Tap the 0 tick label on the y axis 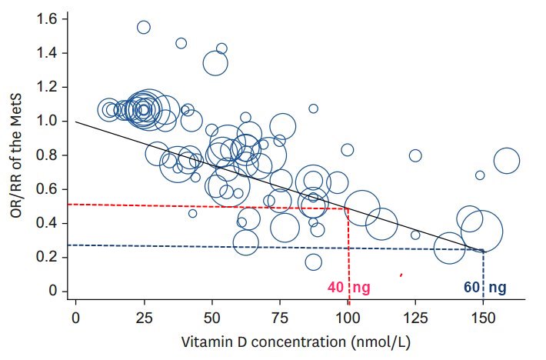pos(52,291)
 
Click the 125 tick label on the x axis pos(415,318)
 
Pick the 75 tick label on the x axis pos(279,318)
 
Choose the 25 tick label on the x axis pos(143,318)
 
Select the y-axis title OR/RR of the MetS pos(17,154)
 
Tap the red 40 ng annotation pos(348,288)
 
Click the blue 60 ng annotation pos(484,288)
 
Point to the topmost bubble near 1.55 pos(143,27)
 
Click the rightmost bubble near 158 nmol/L pos(506,162)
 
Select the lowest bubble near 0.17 pos(313,262)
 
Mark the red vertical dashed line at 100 pos(348,254)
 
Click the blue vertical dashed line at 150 pos(484,273)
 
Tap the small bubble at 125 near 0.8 pos(415,156)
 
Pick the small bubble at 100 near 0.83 pos(348,150)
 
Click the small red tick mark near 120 pos(401,274)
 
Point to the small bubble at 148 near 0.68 pos(480,175)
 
